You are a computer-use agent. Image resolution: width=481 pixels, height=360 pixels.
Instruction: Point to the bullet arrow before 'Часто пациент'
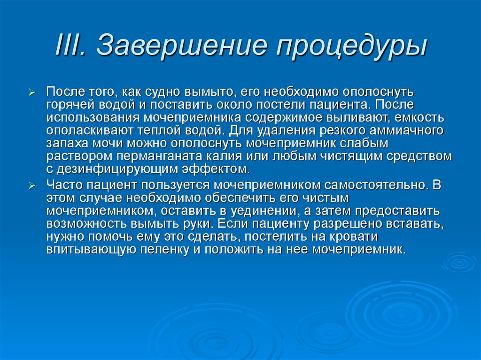tap(39, 186)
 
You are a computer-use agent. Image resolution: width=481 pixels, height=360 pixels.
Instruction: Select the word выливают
tap(362, 117)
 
